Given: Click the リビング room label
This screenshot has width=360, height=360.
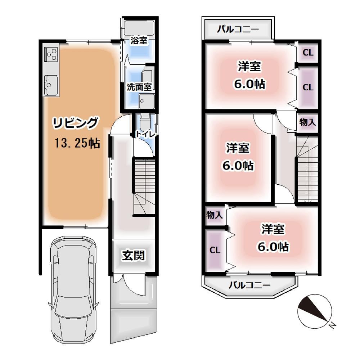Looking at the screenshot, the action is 76,123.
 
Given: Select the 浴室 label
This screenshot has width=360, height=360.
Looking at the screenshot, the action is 139,41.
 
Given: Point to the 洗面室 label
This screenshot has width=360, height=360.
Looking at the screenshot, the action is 139,87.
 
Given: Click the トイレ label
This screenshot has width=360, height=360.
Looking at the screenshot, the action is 145,134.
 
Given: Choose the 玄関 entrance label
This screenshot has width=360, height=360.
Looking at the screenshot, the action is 133,255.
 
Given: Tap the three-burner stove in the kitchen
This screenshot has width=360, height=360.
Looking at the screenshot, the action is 51,54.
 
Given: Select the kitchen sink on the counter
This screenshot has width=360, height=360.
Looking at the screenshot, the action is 51,85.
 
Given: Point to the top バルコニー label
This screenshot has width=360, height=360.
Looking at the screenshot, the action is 238,30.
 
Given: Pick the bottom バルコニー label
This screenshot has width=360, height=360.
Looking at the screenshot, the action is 249,285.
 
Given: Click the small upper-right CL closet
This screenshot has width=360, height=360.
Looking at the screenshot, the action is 308,53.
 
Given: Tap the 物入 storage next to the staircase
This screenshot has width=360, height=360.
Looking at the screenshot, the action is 307,122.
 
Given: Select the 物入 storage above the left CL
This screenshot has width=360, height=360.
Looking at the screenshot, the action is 215,215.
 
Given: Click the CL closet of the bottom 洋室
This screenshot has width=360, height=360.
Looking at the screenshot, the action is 215,250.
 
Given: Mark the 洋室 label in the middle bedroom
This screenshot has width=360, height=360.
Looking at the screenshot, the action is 238,148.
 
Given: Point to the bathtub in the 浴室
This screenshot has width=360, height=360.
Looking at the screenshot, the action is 139,28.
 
